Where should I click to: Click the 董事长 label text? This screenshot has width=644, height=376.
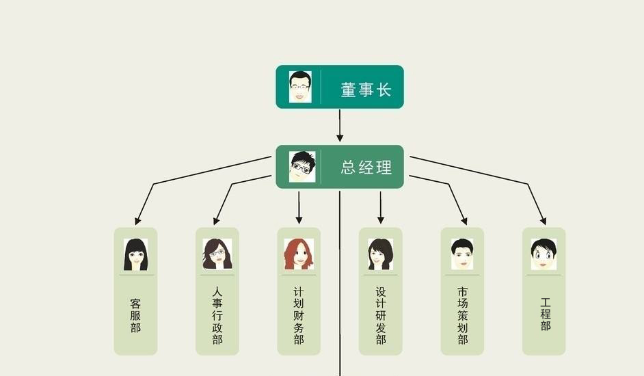click(x=366, y=90)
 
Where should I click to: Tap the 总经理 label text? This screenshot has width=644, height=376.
click(x=366, y=167)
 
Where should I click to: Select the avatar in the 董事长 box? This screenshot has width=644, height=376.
click(x=300, y=87)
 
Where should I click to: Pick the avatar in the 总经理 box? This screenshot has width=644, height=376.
click(x=302, y=166)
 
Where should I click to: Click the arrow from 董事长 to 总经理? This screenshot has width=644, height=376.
click(x=340, y=126)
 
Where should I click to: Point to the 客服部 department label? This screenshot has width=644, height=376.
click(x=135, y=316)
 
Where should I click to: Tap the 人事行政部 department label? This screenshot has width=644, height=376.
click(x=217, y=316)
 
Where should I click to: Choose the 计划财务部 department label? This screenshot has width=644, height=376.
click(x=299, y=316)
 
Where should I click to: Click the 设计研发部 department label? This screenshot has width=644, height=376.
click(x=381, y=316)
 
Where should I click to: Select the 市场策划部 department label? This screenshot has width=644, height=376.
click(x=462, y=316)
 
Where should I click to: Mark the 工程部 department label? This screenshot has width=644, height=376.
click(x=545, y=314)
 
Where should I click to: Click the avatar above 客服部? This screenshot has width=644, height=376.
click(x=135, y=254)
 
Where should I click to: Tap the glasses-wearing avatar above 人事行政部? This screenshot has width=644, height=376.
click(x=217, y=254)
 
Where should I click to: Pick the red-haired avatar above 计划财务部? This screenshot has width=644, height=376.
click(x=299, y=254)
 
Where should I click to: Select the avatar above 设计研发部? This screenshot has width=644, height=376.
click(x=380, y=254)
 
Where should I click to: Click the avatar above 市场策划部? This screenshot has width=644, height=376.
click(x=462, y=254)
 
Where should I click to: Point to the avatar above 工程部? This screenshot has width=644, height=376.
click(x=544, y=254)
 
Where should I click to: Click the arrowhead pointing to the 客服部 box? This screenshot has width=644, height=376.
click(x=138, y=221)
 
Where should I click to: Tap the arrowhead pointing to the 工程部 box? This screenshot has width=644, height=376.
click(x=543, y=221)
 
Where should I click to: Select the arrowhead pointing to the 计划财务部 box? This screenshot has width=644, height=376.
click(x=299, y=220)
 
